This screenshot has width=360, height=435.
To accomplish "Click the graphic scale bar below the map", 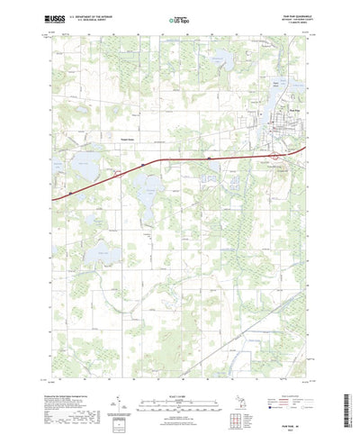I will tap(177, 396).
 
